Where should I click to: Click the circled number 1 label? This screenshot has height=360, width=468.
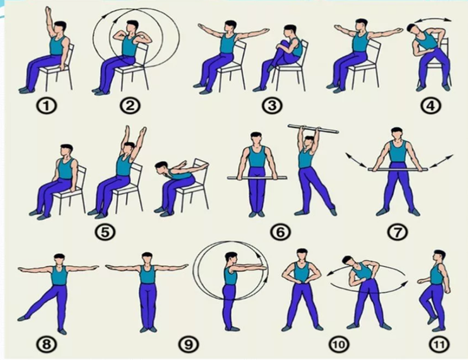pos(47,106)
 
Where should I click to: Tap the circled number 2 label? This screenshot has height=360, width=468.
pos(130,106)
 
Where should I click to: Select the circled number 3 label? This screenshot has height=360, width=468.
pos(272,106)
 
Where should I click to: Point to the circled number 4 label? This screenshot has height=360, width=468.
pos(431,106)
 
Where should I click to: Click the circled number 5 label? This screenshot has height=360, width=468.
pos(105,232)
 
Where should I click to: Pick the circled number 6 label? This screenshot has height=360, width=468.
pos(280,232)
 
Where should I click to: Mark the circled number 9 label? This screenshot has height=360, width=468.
pos(188,344)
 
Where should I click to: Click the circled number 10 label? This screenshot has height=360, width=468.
pos(340,345)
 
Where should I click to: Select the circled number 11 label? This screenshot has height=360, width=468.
pos(440,345)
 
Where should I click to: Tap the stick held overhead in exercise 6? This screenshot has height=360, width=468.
pos(313,129)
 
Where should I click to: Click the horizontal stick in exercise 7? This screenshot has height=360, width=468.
pos(398,170)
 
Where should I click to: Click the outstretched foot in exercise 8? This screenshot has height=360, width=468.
pos(23,318)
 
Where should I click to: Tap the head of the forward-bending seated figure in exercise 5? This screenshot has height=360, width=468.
pos(162,167)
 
